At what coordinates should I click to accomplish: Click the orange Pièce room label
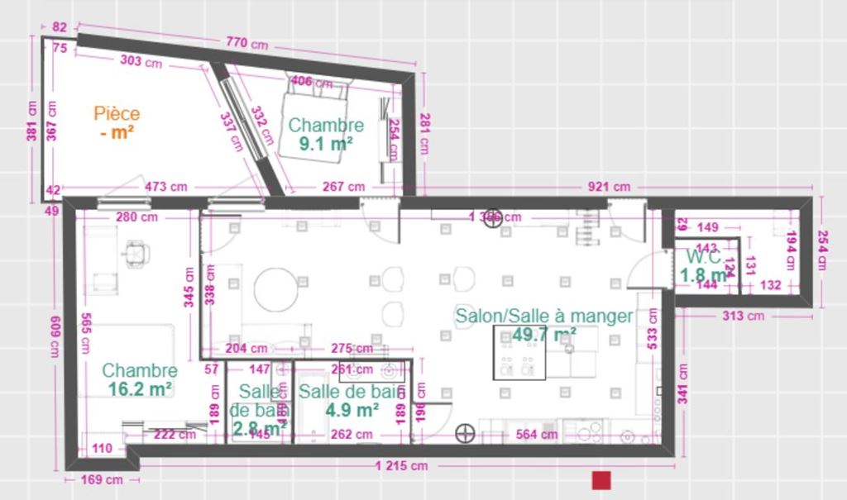pyautogui.click(x=117, y=113)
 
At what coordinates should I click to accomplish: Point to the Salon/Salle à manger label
pyautogui.click(x=543, y=316)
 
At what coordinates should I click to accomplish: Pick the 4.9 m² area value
pyautogui.click(x=352, y=408)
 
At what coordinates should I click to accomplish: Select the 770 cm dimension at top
pyautogui.click(x=246, y=42)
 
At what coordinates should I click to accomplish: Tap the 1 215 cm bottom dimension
pyautogui.click(x=401, y=466)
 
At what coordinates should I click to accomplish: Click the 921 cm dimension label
pyautogui.click(x=610, y=187)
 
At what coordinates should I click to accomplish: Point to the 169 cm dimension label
pyautogui.click(x=102, y=479)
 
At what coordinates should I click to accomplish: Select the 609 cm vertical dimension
pyautogui.click(x=55, y=339)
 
